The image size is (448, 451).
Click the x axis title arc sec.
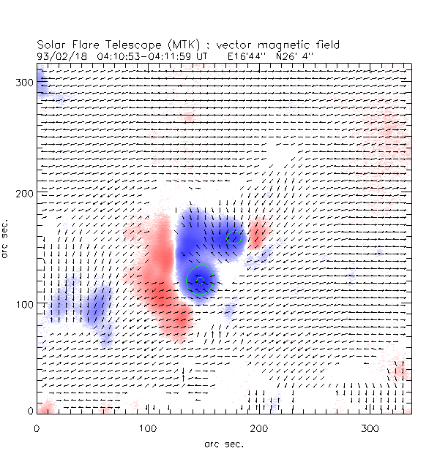click(x=223, y=443)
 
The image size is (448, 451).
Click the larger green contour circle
click(x=199, y=279)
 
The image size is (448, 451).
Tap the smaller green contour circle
click(x=234, y=237)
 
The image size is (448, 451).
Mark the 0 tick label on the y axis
click(x=29, y=412)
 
